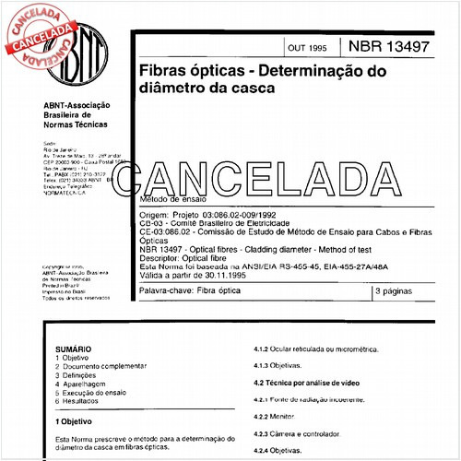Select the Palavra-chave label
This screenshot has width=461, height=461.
tap(168, 290)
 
